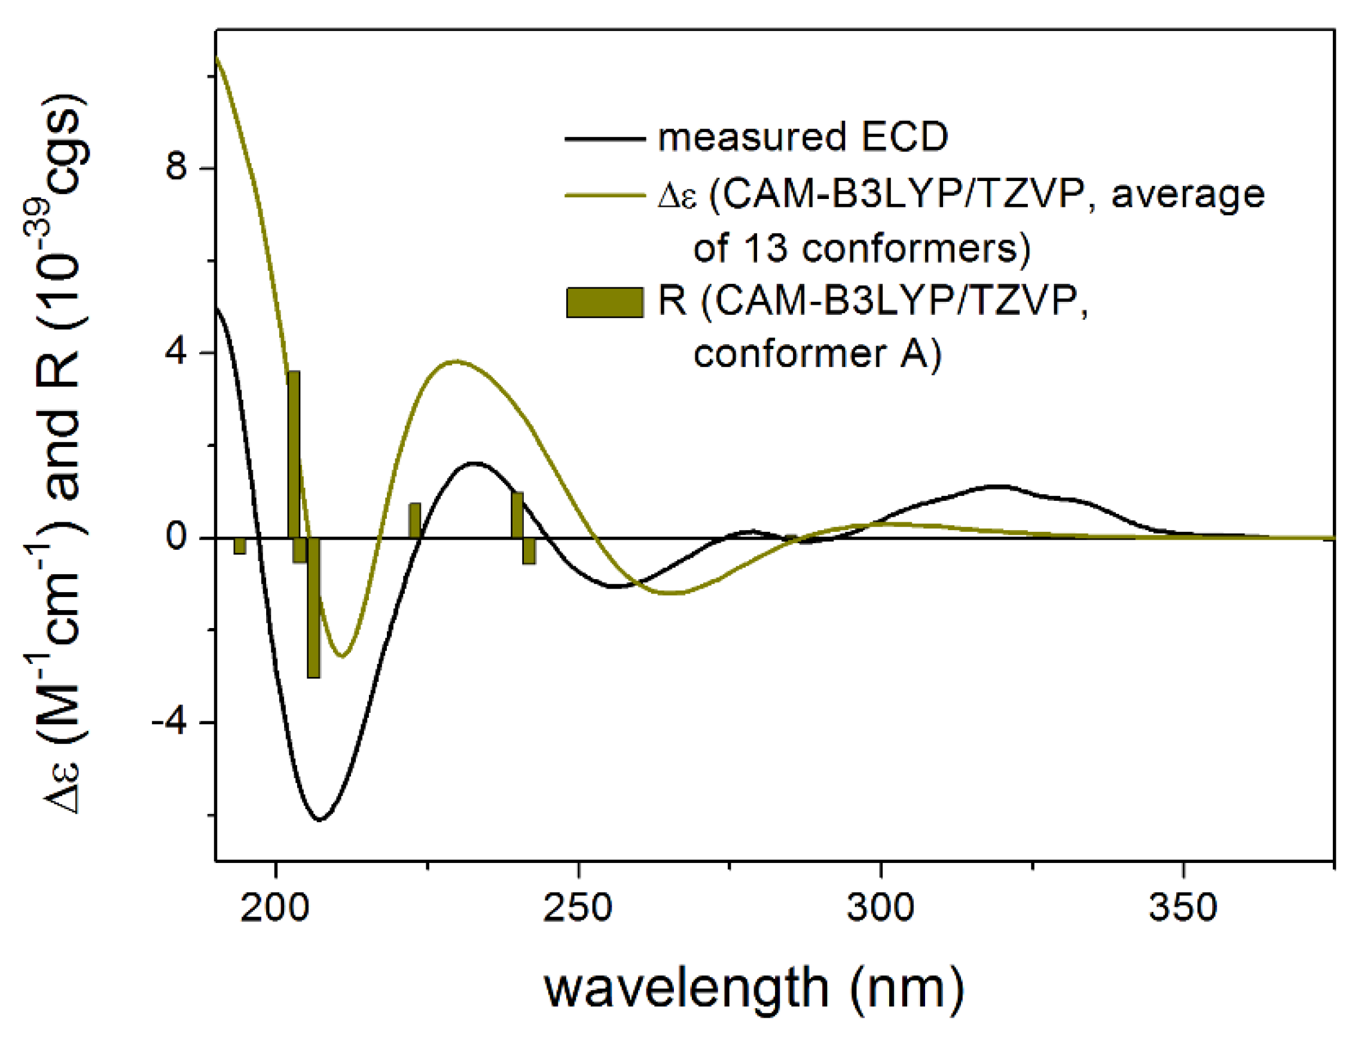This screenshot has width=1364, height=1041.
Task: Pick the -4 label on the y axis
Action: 169,722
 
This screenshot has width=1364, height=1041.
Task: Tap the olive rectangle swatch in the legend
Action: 605,302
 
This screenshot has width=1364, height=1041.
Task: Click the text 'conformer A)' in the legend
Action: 817,354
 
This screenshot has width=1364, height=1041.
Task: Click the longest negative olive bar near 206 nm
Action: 314,607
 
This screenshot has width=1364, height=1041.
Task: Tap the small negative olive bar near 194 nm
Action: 240,545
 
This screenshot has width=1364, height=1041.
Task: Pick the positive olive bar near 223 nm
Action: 414,520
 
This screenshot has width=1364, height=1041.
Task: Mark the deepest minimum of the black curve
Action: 320,820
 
